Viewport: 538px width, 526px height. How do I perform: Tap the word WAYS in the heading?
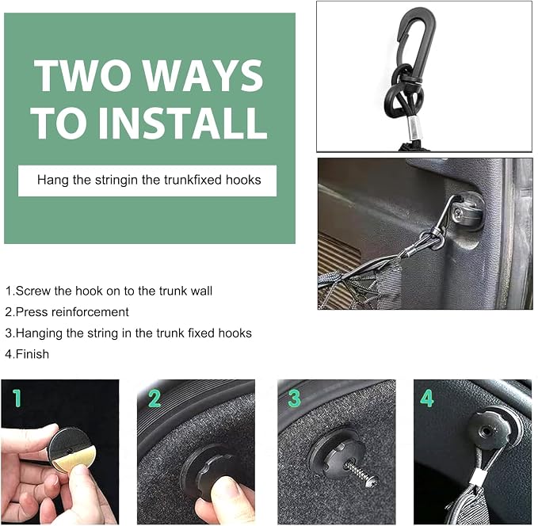click(x=203, y=75)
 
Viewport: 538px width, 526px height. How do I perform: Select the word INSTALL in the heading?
click(x=183, y=123)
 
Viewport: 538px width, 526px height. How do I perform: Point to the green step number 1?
click(x=17, y=398)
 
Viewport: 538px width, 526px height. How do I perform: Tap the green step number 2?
click(x=155, y=398)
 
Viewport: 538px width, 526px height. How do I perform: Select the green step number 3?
click(x=295, y=398)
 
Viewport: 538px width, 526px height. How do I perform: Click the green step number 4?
click(x=427, y=398)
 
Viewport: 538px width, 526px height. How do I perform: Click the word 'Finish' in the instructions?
click(x=32, y=354)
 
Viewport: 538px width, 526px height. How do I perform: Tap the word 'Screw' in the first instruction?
click(x=33, y=291)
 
